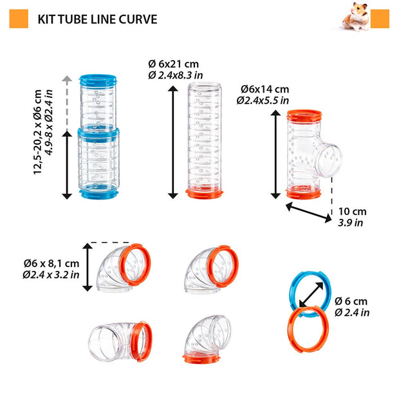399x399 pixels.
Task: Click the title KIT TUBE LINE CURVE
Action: point(97,19)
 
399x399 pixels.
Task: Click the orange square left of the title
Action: point(19,19)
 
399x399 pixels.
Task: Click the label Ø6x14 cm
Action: point(264,89)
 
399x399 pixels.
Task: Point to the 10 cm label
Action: point(351,211)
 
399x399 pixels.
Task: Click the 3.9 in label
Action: point(350,223)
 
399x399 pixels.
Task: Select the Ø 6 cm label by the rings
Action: point(351,301)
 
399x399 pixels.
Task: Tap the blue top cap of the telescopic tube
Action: point(98,82)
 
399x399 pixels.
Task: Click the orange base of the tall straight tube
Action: point(204,192)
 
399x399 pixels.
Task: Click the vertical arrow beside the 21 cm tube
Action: point(172,142)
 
